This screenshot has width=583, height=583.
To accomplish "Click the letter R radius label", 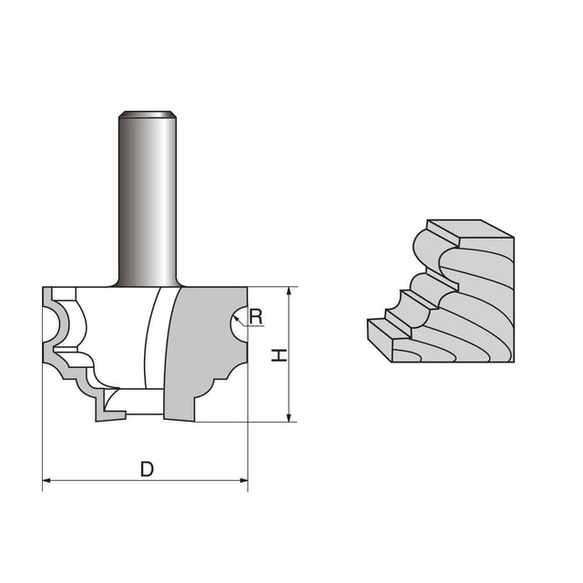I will point(256,317).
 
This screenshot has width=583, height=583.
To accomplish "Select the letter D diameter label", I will point(146,469).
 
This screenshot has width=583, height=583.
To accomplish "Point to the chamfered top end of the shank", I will point(148,115).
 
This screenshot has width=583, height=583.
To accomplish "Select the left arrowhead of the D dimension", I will point(48,479).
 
